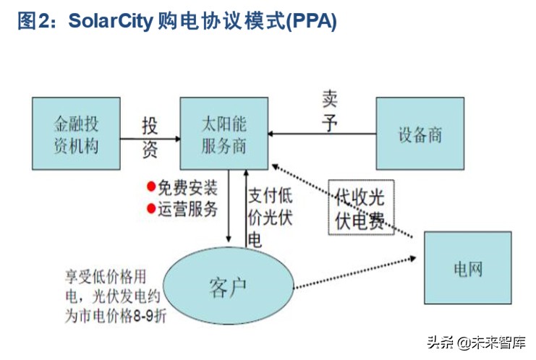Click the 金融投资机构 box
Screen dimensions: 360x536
pos(76,134)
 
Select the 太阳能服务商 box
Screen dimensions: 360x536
pos(224,134)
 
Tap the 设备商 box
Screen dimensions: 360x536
pos(420,134)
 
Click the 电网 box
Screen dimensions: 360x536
pos(467,268)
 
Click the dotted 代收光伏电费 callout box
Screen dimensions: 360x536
pos(360,206)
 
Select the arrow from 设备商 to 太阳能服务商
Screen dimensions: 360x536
pos(322,134)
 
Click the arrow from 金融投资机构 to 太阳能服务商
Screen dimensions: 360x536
pos(149,137)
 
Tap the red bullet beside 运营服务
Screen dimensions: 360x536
pos(151,209)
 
